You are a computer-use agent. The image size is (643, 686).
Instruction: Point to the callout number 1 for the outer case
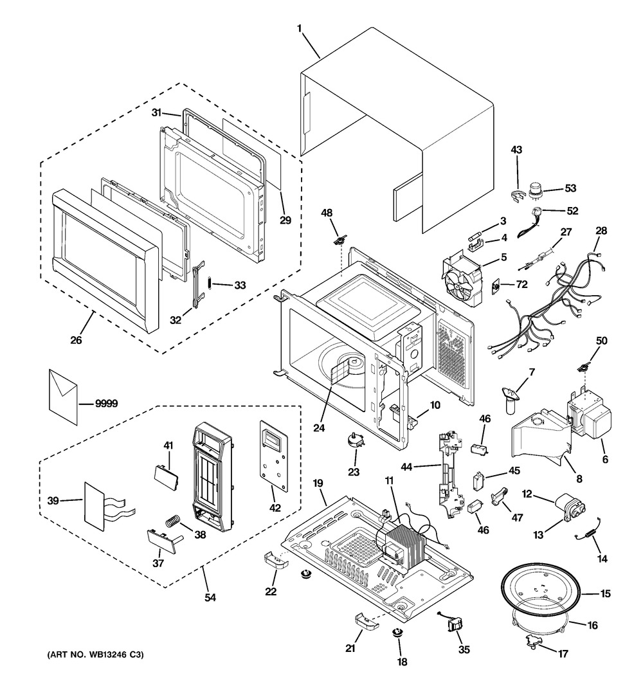[300, 28]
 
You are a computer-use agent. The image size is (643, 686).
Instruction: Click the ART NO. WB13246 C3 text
[95, 655]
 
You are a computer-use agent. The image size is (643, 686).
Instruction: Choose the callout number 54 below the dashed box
[210, 597]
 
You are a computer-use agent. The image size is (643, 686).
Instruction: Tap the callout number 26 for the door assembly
[76, 340]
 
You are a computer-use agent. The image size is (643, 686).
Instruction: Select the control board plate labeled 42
[272, 450]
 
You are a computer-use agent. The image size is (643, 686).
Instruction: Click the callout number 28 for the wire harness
[601, 231]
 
